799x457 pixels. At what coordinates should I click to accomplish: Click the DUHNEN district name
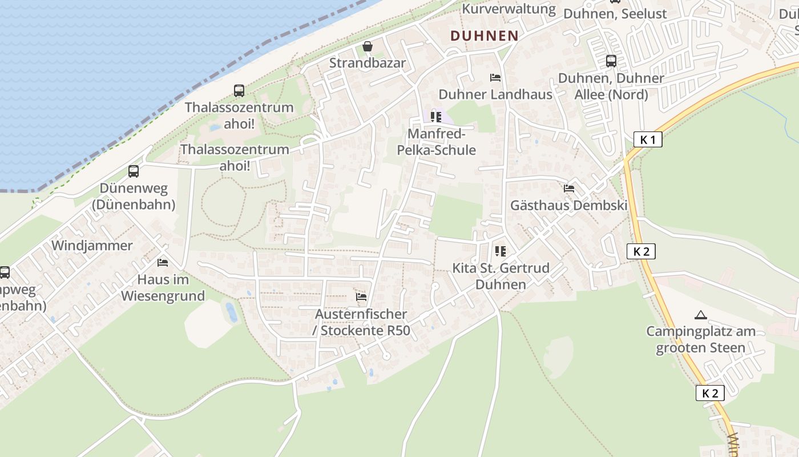click(x=484, y=35)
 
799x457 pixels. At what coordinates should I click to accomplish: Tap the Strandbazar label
click(x=368, y=63)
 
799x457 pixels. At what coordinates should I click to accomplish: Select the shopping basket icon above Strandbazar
click(x=368, y=46)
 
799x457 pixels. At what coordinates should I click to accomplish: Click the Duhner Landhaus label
click(x=495, y=94)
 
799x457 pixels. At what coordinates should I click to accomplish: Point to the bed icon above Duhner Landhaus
click(x=495, y=78)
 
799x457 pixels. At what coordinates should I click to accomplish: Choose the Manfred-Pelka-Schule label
click(x=442, y=142)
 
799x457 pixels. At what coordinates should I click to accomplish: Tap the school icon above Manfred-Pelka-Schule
click(x=437, y=117)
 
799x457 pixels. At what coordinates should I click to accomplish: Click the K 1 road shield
click(x=648, y=139)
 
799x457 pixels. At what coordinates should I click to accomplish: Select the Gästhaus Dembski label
click(x=568, y=205)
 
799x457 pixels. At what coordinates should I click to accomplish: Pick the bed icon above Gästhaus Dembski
click(x=568, y=189)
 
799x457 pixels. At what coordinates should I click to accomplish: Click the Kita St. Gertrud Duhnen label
click(x=501, y=276)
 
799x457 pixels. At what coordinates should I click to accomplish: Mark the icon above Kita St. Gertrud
click(x=501, y=251)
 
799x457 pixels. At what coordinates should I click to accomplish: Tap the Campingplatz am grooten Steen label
click(x=701, y=339)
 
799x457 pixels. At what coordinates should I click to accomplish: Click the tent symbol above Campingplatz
click(x=700, y=315)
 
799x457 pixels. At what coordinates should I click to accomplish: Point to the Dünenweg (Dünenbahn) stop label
click(x=134, y=196)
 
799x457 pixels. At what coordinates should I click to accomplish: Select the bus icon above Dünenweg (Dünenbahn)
click(x=134, y=171)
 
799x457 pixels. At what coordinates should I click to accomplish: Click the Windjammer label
click(x=92, y=246)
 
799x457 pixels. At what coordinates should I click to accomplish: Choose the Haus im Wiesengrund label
click(x=163, y=288)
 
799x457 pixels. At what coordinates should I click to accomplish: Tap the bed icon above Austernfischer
click(x=361, y=297)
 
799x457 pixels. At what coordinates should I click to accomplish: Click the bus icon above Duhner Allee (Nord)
click(x=611, y=61)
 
